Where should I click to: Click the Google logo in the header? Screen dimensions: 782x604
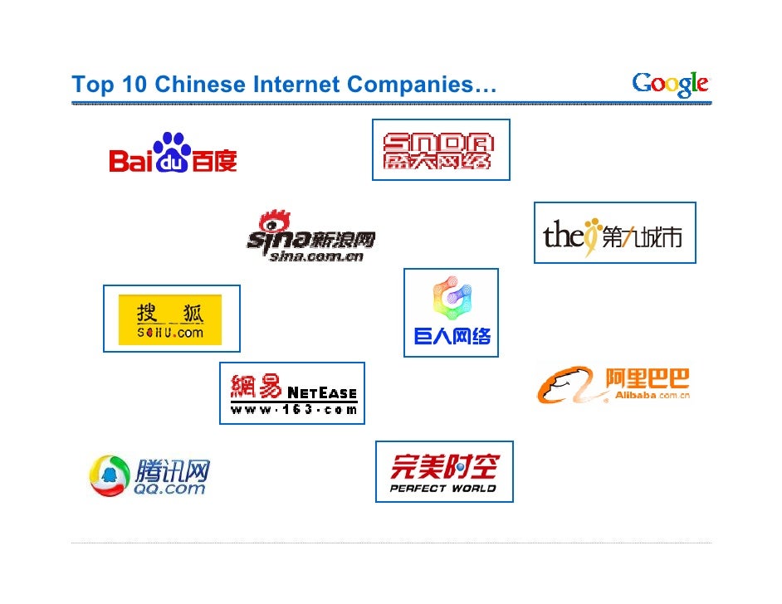tap(670, 84)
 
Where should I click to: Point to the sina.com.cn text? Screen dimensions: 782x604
tap(316, 256)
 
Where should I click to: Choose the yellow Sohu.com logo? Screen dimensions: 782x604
tap(170, 319)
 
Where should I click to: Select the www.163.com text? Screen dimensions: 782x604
tap(294, 409)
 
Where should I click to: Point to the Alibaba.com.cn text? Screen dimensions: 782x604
tap(652, 396)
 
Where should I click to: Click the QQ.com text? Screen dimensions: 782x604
tap(169, 489)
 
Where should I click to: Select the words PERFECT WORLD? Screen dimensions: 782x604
tap(443, 488)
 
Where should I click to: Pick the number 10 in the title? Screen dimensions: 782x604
tap(133, 85)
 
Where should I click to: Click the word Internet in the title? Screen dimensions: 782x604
tap(296, 85)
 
